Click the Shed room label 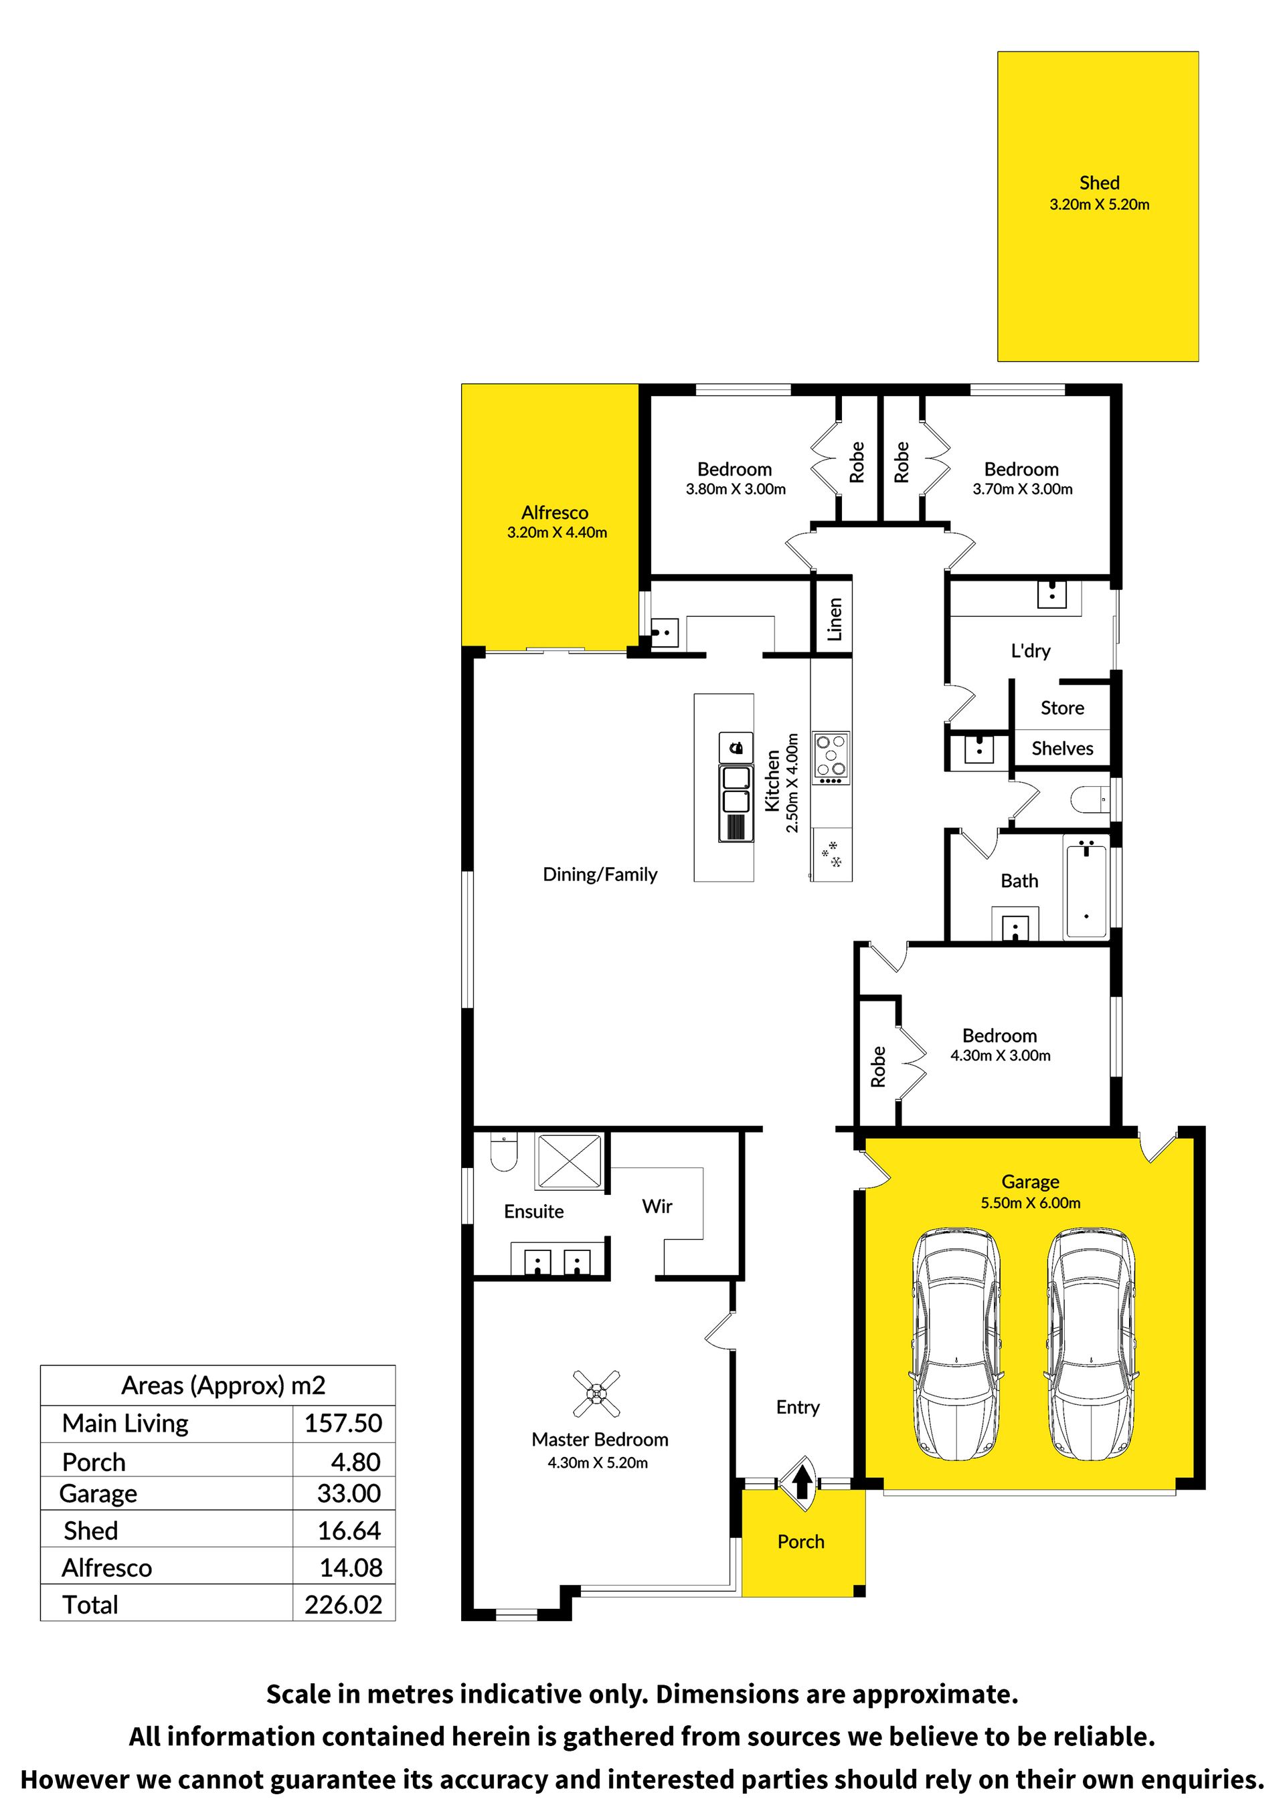pyautogui.click(x=1099, y=183)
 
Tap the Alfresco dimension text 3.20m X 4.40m pyautogui.click(x=557, y=533)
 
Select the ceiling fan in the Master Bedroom pyautogui.click(x=596, y=1394)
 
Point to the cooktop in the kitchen pyautogui.click(x=831, y=757)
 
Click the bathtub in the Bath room pyautogui.click(x=1086, y=890)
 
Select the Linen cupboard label pyautogui.click(x=835, y=619)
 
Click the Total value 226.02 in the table pyautogui.click(x=343, y=1604)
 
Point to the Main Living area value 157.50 pyautogui.click(x=343, y=1423)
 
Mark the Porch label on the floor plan pyautogui.click(x=800, y=1541)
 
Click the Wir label pyautogui.click(x=657, y=1206)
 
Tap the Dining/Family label pyautogui.click(x=600, y=874)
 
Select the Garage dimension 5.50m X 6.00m pyautogui.click(x=1030, y=1203)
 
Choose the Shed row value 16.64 pyautogui.click(x=349, y=1531)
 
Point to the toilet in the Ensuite pyautogui.click(x=503, y=1152)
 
